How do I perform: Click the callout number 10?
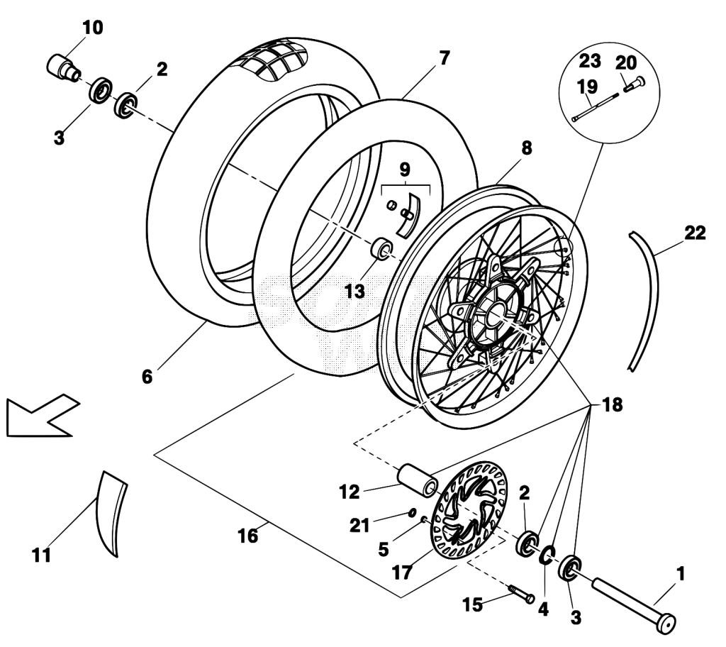pyautogui.click(x=93, y=28)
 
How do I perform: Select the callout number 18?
pyautogui.click(x=612, y=404)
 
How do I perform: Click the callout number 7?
pyautogui.click(x=444, y=58)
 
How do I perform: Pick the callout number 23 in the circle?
pyautogui.click(x=590, y=60)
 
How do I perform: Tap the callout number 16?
pyautogui.click(x=247, y=536)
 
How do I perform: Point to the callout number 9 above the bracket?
pyautogui.click(x=405, y=170)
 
